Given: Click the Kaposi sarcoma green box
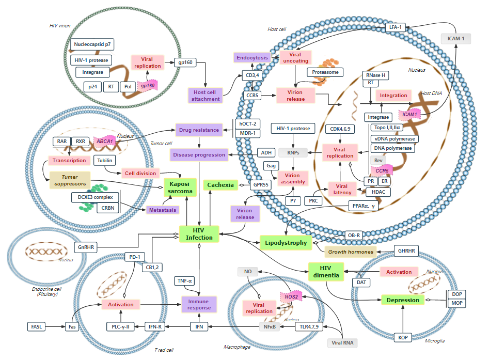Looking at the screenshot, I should click(180, 187).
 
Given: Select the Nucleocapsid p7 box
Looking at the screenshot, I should click(93, 45).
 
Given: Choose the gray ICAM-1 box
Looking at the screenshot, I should click(456, 38).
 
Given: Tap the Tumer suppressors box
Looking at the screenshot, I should click(69, 180).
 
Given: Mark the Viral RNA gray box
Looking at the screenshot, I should click(341, 342).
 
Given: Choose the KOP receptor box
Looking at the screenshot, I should click(403, 337).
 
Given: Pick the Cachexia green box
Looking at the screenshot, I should click(221, 184).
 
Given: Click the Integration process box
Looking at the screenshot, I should click(393, 95).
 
